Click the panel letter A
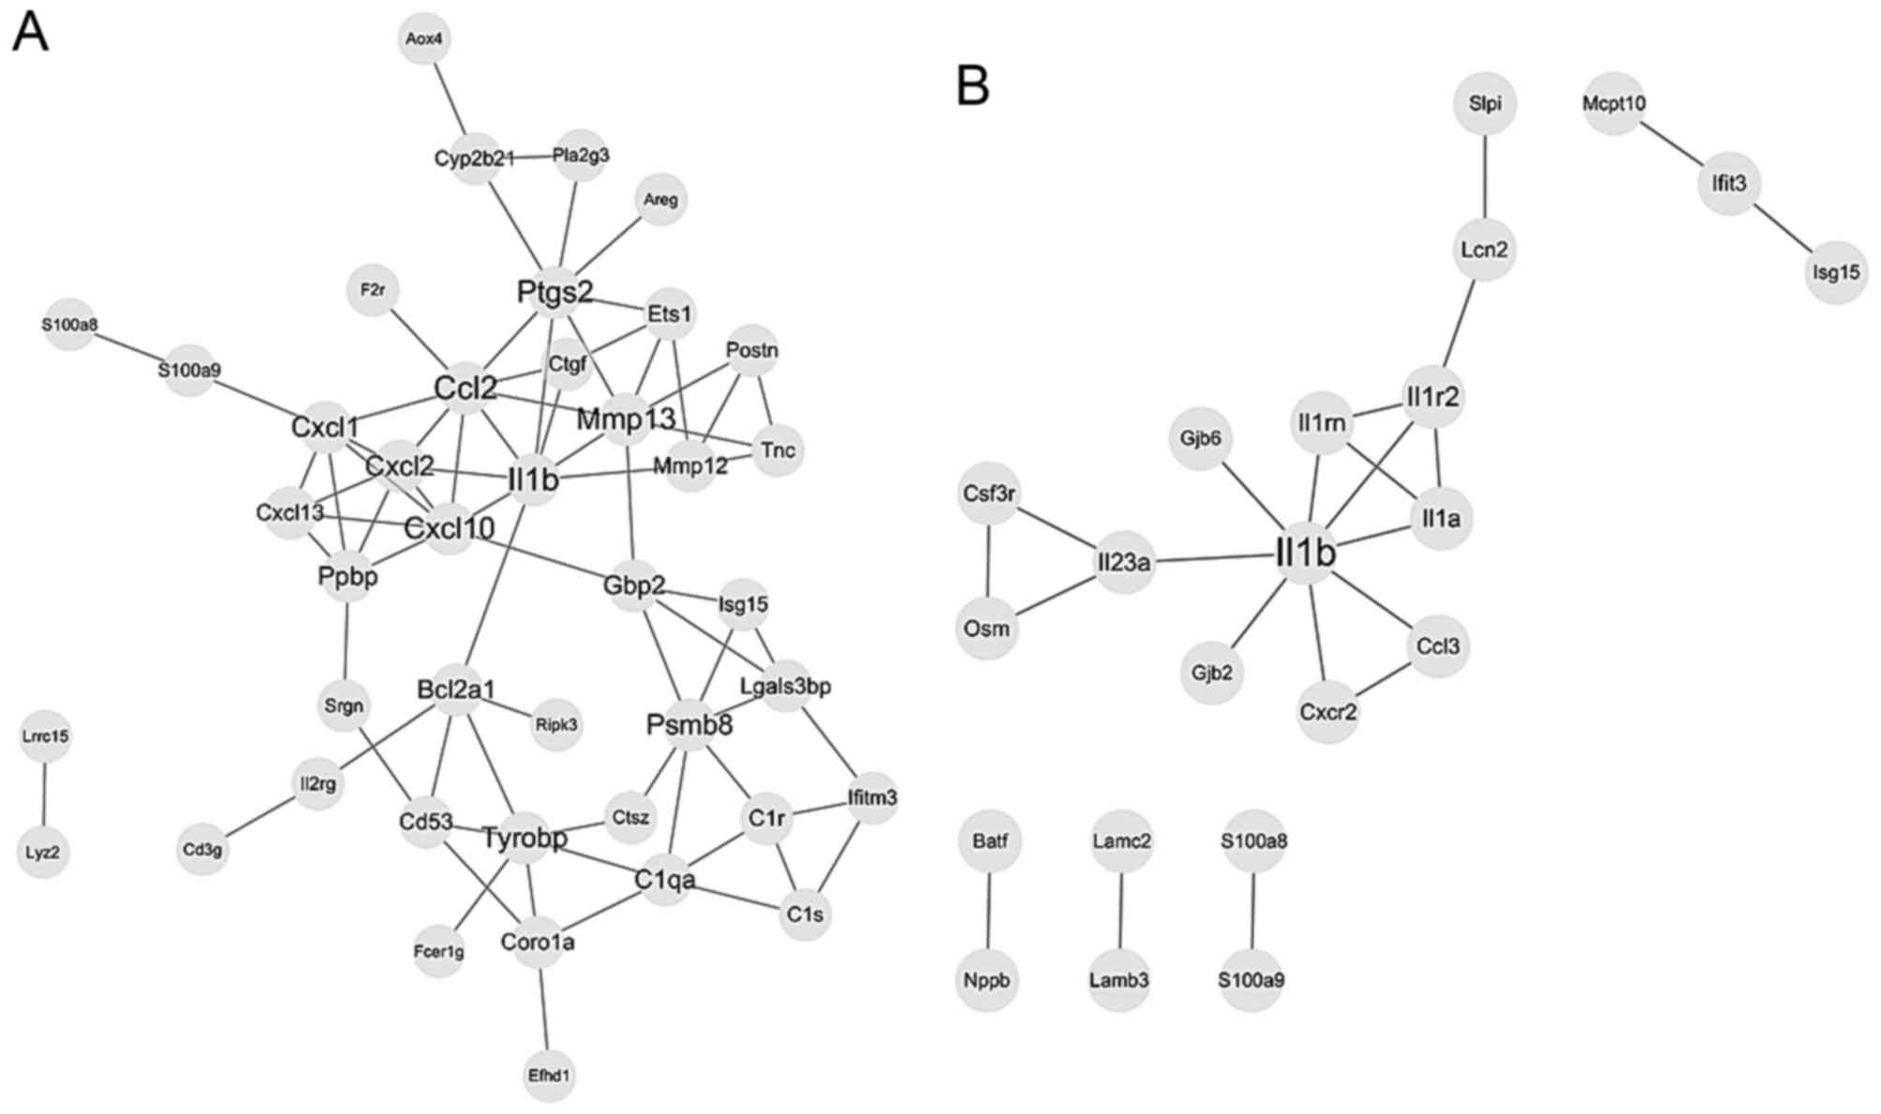click(x=30, y=34)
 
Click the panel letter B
click(x=972, y=86)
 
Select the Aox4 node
click(x=424, y=38)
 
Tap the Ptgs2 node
click(x=555, y=292)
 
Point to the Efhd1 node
click(x=549, y=1075)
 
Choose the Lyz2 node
click(x=43, y=853)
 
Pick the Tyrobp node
click(x=525, y=838)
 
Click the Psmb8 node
click(x=689, y=724)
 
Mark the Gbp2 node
click(x=634, y=587)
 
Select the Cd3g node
click(x=202, y=850)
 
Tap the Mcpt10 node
click(x=1614, y=103)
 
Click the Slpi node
click(x=1485, y=103)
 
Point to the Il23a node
click(x=1124, y=563)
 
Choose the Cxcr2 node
click(x=1328, y=712)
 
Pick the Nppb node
click(x=987, y=980)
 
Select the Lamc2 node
click(x=1121, y=841)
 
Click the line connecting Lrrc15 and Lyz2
click(x=44, y=795)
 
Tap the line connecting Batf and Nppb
click(x=989, y=911)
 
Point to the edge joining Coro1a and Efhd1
click(x=543, y=1008)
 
